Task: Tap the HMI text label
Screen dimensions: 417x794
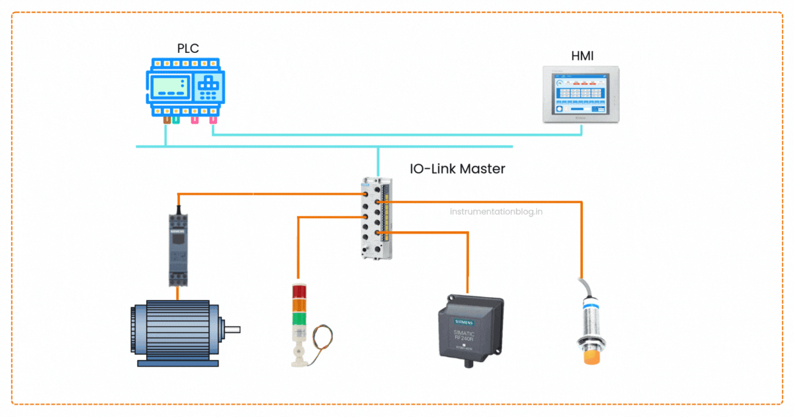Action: pos(582,56)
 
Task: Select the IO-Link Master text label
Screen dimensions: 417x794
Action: pos(457,169)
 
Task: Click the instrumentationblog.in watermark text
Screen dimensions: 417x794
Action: pos(496,212)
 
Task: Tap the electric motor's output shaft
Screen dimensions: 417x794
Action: pos(232,329)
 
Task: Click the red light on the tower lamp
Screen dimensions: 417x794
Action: pos(299,293)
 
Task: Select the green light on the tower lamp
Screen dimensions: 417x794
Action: pos(299,319)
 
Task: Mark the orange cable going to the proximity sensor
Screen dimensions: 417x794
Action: pos(581,238)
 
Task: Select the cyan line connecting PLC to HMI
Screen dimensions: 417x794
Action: pos(397,135)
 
